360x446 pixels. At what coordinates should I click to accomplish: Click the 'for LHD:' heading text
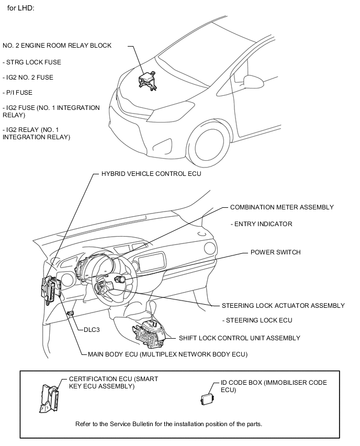pyautogui.click(x=19, y=8)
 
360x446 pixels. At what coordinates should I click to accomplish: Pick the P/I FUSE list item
pyautogui.click(x=17, y=93)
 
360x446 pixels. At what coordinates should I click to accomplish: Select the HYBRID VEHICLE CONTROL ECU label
pyautogui.click(x=151, y=174)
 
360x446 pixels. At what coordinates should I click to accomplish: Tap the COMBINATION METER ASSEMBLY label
pyautogui.click(x=282, y=207)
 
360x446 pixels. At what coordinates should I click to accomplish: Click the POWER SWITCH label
pyautogui.click(x=275, y=252)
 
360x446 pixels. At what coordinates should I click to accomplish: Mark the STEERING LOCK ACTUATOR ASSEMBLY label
pyautogui.click(x=283, y=306)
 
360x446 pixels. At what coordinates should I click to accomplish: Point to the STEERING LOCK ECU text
pyautogui.click(x=257, y=320)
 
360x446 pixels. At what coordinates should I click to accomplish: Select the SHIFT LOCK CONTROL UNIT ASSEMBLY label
pyautogui.click(x=239, y=338)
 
